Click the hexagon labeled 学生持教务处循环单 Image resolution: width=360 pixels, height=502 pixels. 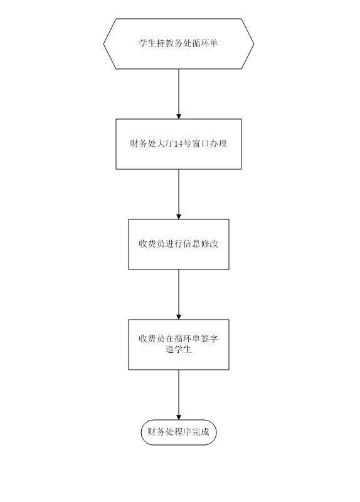(x=179, y=43)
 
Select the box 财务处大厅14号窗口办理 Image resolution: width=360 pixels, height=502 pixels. (x=179, y=144)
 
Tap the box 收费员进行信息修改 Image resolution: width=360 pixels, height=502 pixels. (x=179, y=244)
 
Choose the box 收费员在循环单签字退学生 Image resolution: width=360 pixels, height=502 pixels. (x=179, y=345)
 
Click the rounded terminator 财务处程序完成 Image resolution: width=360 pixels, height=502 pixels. (x=179, y=432)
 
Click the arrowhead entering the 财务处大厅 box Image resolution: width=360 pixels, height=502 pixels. (x=179, y=116)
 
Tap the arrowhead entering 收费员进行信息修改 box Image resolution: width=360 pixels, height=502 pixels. (x=179, y=216)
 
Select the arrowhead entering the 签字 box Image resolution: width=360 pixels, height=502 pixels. (x=179, y=316)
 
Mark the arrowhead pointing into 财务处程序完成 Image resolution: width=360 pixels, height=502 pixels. (x=179, y=417)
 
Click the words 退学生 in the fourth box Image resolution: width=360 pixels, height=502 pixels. (x=178, y=349)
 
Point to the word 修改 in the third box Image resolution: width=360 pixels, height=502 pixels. (x=210, y=244)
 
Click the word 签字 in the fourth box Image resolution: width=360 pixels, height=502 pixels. (x=210, y=339)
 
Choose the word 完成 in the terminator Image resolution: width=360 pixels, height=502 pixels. (x=201, y=432)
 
